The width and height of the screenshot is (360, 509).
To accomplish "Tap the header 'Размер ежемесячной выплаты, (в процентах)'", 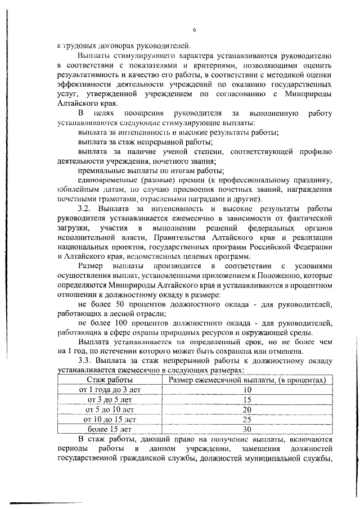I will [x=246, y=380].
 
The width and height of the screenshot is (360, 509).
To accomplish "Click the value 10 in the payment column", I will [x=246, y=390].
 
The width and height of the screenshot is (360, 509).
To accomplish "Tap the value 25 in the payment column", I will [x=246, y=418].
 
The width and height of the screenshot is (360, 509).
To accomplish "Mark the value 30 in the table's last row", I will [x=246, y=428].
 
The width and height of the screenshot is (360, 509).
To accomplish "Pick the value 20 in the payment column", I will [x=246, y=409].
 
